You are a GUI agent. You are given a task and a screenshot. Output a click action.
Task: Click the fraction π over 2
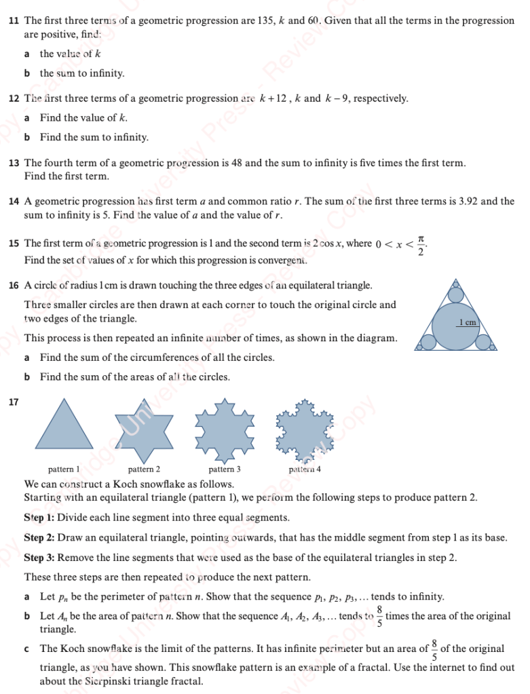click(421, 245)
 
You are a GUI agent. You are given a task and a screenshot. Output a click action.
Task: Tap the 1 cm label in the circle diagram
click(468, 323)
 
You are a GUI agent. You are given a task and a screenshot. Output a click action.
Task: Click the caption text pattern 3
click(225, 469)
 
